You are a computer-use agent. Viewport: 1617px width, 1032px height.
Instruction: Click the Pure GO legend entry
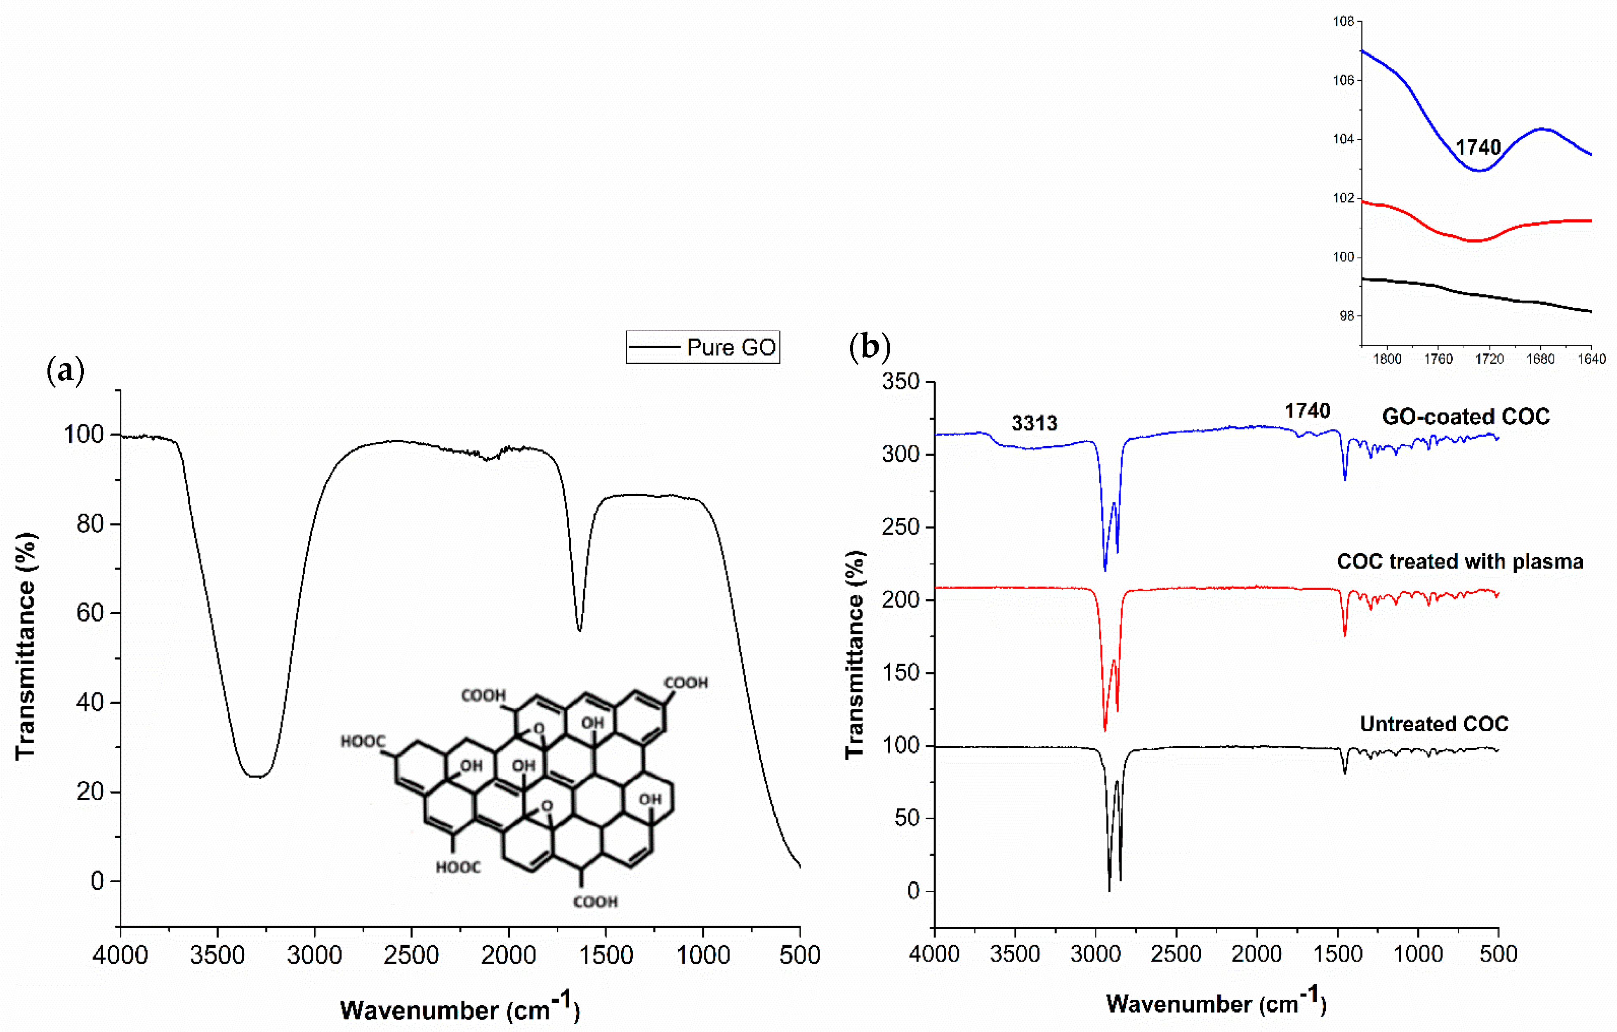703,347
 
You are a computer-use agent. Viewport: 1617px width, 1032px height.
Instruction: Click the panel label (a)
65,370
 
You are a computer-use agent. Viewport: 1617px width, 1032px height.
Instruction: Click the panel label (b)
870,347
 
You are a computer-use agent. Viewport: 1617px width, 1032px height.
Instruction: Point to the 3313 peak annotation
1034,423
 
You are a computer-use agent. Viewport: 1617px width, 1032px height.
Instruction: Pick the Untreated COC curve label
1434,724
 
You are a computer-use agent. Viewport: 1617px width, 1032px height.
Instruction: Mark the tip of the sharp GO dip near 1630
580,630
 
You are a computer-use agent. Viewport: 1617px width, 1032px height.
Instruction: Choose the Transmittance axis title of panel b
855,655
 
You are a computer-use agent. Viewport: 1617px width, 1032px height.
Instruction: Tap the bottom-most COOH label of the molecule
595,902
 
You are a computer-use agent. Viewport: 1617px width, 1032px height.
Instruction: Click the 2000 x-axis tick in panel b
1256,954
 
